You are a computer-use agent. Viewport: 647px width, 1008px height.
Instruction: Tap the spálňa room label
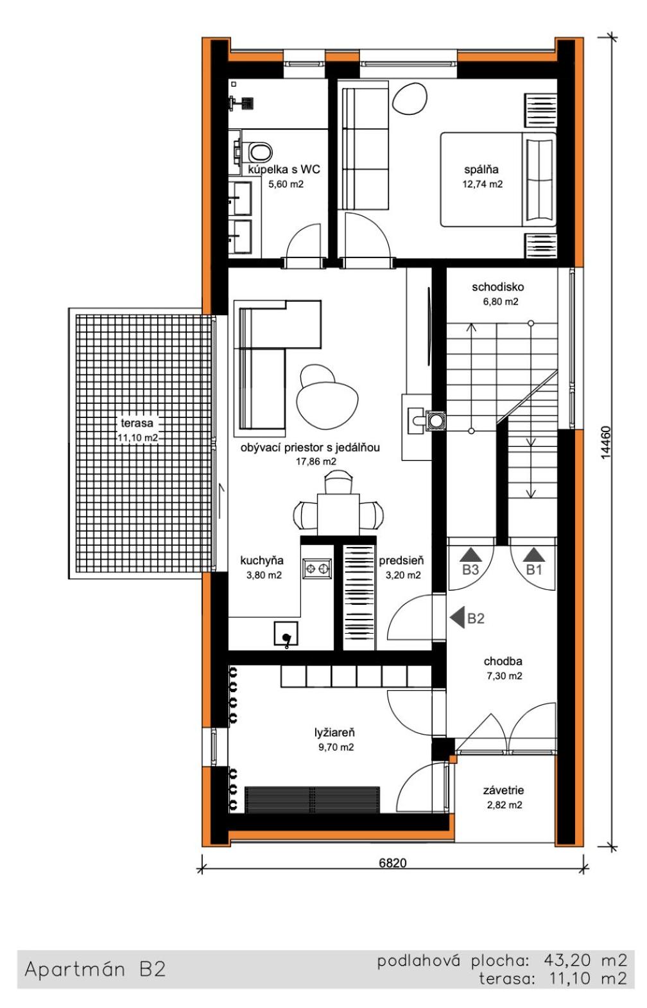coord(481,169)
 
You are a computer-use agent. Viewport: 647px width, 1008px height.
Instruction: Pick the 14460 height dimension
coord(606,442)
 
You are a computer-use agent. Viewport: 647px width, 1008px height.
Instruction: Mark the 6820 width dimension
coord(392,863)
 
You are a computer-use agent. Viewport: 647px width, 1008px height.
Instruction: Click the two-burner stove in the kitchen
coord(316,568)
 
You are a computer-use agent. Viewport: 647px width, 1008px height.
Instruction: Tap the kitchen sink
coord(286,634)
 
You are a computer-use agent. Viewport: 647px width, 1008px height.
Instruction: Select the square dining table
coord(338,514)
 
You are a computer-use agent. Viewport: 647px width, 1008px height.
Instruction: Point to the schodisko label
coord(497,286)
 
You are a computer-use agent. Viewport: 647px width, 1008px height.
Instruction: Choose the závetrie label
coord(503,790)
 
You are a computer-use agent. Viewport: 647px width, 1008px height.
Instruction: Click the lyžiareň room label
coord(335,733)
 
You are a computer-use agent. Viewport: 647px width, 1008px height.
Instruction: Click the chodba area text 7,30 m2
coord(504,676)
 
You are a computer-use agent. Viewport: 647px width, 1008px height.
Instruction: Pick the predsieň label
coord(401,560)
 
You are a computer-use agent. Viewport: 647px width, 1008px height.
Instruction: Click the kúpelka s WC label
coord(284,169)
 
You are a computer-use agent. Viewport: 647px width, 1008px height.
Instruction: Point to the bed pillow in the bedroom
coord(539,180)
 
